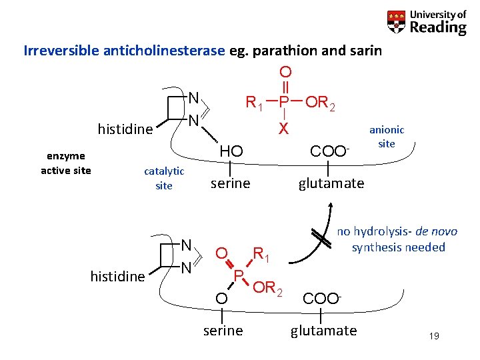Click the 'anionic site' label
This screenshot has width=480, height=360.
387,137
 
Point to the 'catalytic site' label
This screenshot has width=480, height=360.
163,178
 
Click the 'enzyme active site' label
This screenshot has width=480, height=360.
66,163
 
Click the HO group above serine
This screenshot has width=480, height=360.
230,152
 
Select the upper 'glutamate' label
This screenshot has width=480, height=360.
331,183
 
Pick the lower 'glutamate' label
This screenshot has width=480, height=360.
323,331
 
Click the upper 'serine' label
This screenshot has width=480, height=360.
230,183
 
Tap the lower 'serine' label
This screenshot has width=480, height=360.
223,331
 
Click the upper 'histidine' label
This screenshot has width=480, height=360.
125,128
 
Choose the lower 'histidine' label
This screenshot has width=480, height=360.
118,276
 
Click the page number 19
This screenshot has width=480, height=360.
434,336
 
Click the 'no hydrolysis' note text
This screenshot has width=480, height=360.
397,239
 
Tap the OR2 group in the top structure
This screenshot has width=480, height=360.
319,103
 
